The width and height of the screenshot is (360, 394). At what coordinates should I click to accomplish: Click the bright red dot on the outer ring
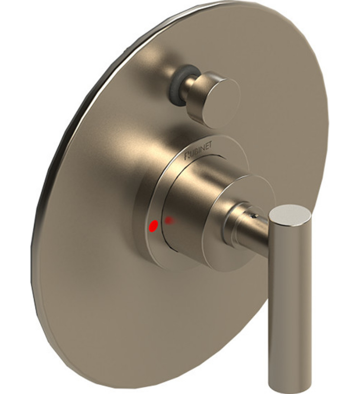[x=153, y=226]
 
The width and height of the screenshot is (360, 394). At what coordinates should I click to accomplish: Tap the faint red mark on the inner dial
[x=170, y=220]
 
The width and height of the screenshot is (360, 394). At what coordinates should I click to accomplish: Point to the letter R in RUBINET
[x=187, y=156]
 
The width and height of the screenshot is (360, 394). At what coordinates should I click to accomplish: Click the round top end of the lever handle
[x=290, y=216]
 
